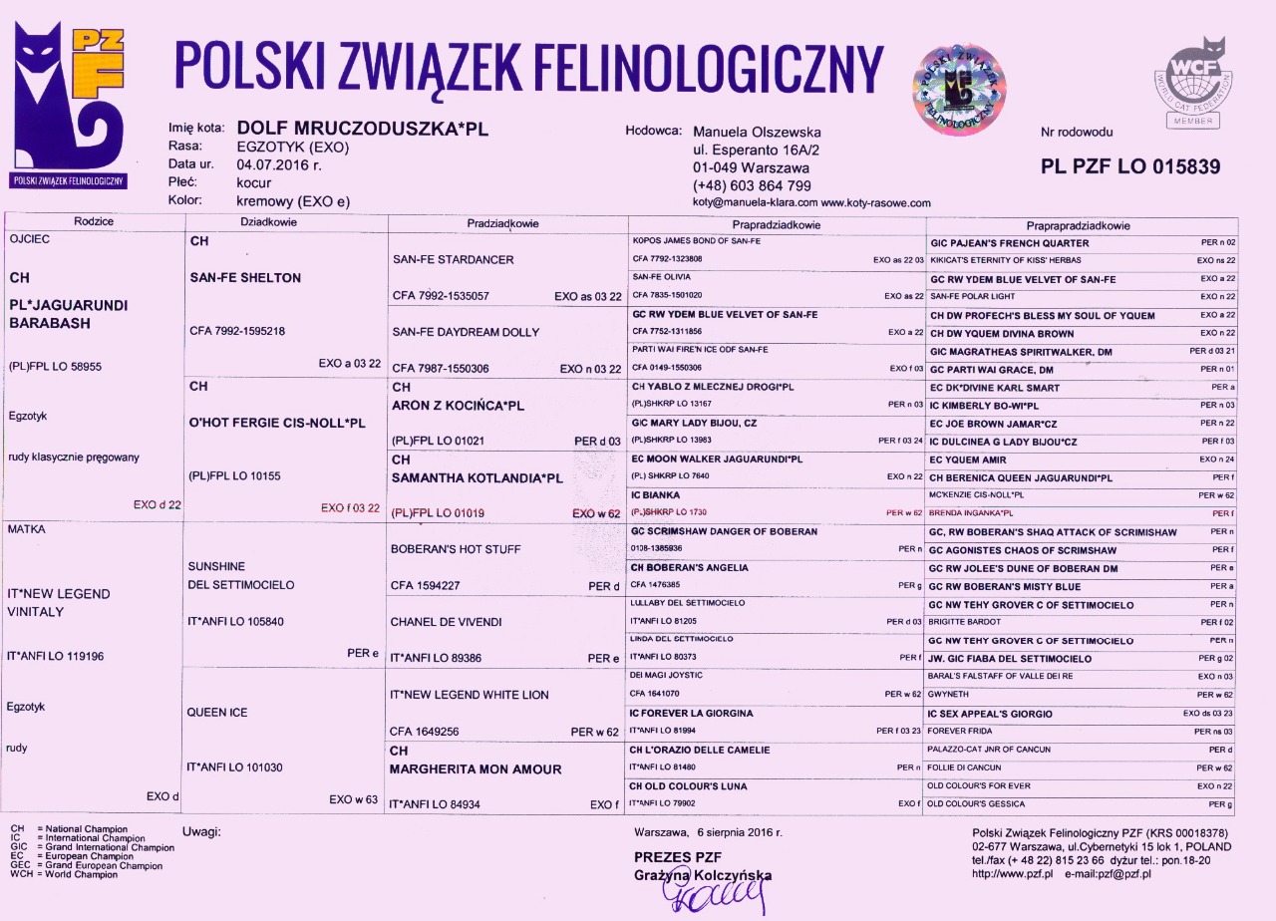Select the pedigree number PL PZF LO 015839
[1129, 167]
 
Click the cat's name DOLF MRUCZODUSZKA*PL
[362, 129]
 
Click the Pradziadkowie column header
[502, 223]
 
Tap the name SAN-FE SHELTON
[245, 278]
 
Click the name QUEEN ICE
[217, 713]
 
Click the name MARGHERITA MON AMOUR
[476, 769]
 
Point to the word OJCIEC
[29, 240]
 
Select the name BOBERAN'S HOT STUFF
[456, 549]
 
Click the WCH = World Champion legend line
[64, 874]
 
